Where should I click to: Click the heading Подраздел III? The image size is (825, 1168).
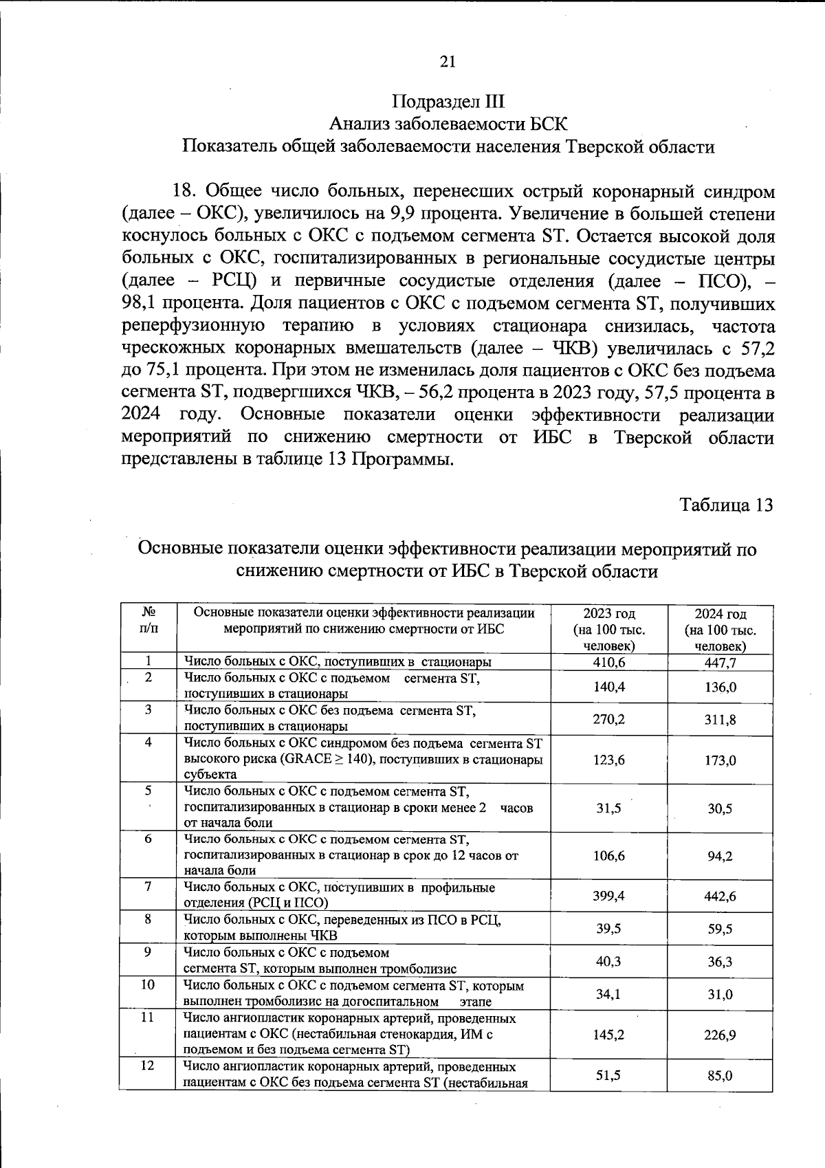click(448, 102)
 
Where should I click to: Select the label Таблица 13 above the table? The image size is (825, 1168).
click(726, 505)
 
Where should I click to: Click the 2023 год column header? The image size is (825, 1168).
click(608, 613)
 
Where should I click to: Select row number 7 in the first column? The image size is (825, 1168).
click(148, 887)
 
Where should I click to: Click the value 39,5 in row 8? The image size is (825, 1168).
click(608, 929)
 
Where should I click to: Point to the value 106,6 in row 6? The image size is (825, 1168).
click(608, 856)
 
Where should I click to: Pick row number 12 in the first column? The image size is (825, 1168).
click(148, 1066)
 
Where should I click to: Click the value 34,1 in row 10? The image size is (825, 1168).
click(608, 994)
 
